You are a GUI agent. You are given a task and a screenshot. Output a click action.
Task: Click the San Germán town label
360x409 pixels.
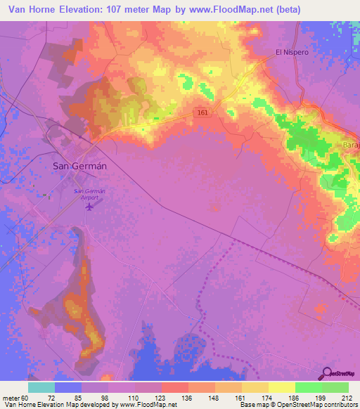coord(80,167)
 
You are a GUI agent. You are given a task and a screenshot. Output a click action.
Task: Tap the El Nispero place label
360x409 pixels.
coord(292,52)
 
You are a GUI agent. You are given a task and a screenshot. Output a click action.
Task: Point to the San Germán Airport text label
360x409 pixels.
coord(89,195)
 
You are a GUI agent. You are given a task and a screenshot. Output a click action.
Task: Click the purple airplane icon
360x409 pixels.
coord(89,208)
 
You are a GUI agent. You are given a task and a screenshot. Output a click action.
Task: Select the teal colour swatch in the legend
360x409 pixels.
coord(41,387)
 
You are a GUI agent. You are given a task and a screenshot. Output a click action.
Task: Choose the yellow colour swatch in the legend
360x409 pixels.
coord(281,387)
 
